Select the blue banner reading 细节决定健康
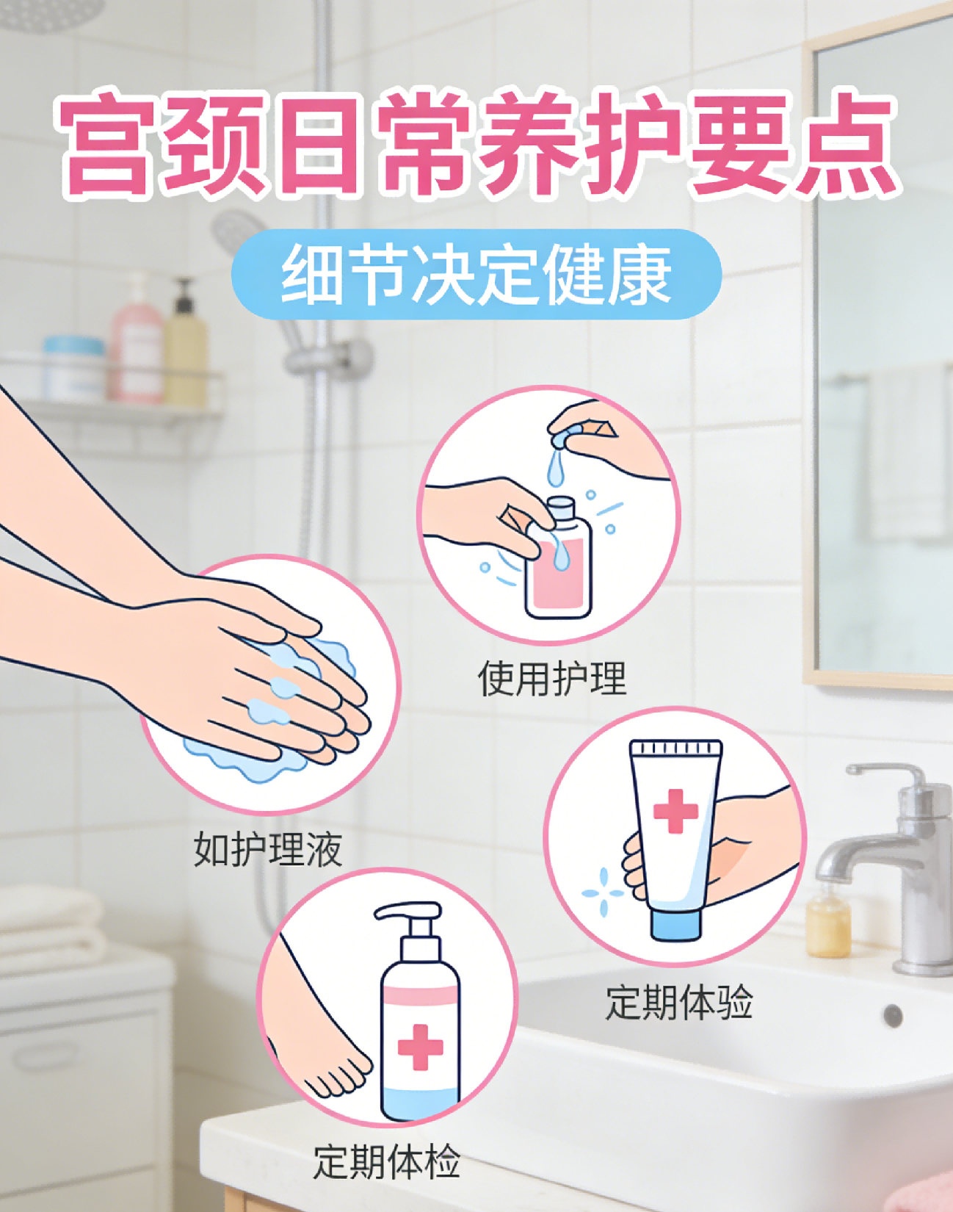point(476,274)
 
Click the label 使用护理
point(552,678)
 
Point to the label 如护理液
point(268,849)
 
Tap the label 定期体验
point(679,1002)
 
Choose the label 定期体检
point(387,1162)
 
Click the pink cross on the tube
point(675,812)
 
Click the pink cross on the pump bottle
point(420,1047)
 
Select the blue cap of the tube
point(675,925)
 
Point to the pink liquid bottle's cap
point(562,508)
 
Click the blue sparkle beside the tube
point(603,892)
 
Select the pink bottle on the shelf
point(136,341)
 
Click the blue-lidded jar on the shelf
point(73,368)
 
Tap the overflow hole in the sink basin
point(894,1016)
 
